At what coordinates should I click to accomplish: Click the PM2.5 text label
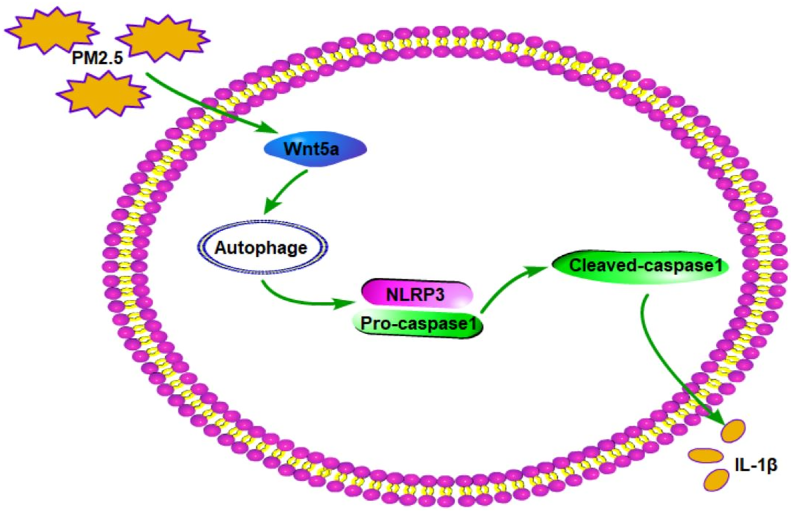point(97,58)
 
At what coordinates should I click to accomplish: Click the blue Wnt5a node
point(315,149)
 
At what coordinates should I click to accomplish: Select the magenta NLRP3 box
point(417,294)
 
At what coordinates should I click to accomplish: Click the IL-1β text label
point(756,465)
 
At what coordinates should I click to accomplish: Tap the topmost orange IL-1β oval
point(732,431)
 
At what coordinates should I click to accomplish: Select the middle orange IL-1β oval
point(706,455)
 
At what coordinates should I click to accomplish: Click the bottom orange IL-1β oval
point(716,480)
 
